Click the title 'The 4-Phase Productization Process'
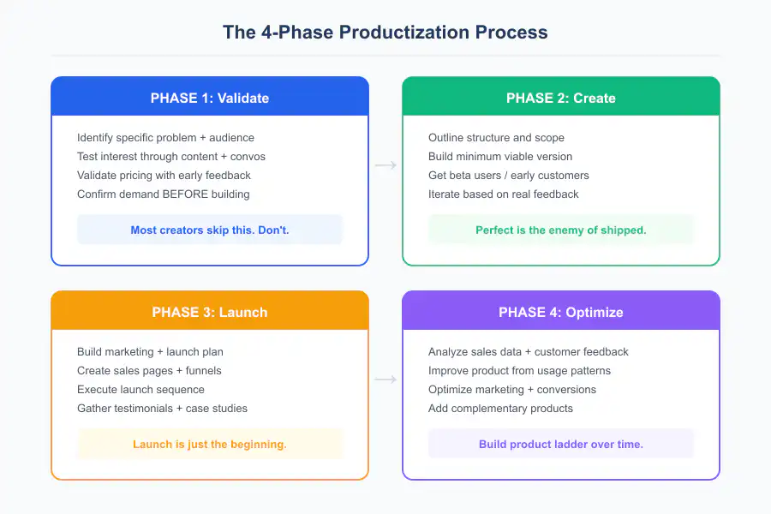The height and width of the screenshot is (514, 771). [x=385, y=33]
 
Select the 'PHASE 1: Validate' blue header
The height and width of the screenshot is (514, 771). [x=210, y=98]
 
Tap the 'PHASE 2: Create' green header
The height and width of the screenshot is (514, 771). [x=561, y=98]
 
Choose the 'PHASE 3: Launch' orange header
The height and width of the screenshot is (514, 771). [x=210, y=312]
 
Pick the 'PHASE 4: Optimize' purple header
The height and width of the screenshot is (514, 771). [x=561, y=312]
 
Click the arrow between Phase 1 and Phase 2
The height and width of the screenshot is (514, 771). [x=385, y=165]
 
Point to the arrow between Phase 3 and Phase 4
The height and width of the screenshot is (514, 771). [x=385, y=380]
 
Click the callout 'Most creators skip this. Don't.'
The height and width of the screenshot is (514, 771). [x=210, y=230]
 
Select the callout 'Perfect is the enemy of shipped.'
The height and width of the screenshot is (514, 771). [x=561, y=230]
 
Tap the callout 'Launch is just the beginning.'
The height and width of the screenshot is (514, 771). [x=210, y=444]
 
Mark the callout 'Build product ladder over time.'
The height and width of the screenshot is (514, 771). [x=561, y=444]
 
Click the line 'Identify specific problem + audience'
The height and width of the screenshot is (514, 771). [x=165, y=137]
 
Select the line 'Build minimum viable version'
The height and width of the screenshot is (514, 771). [x=500, y=156]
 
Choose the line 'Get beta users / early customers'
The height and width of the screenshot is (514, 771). [x=509, y=175]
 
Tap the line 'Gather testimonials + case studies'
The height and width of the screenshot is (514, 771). [x=162, y=408]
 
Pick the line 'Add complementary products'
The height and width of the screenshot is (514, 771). [x=500, y=408]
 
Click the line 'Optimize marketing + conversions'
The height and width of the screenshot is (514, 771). [x=512, y=389]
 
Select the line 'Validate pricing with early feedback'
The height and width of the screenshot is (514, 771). [x=164, y=175]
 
